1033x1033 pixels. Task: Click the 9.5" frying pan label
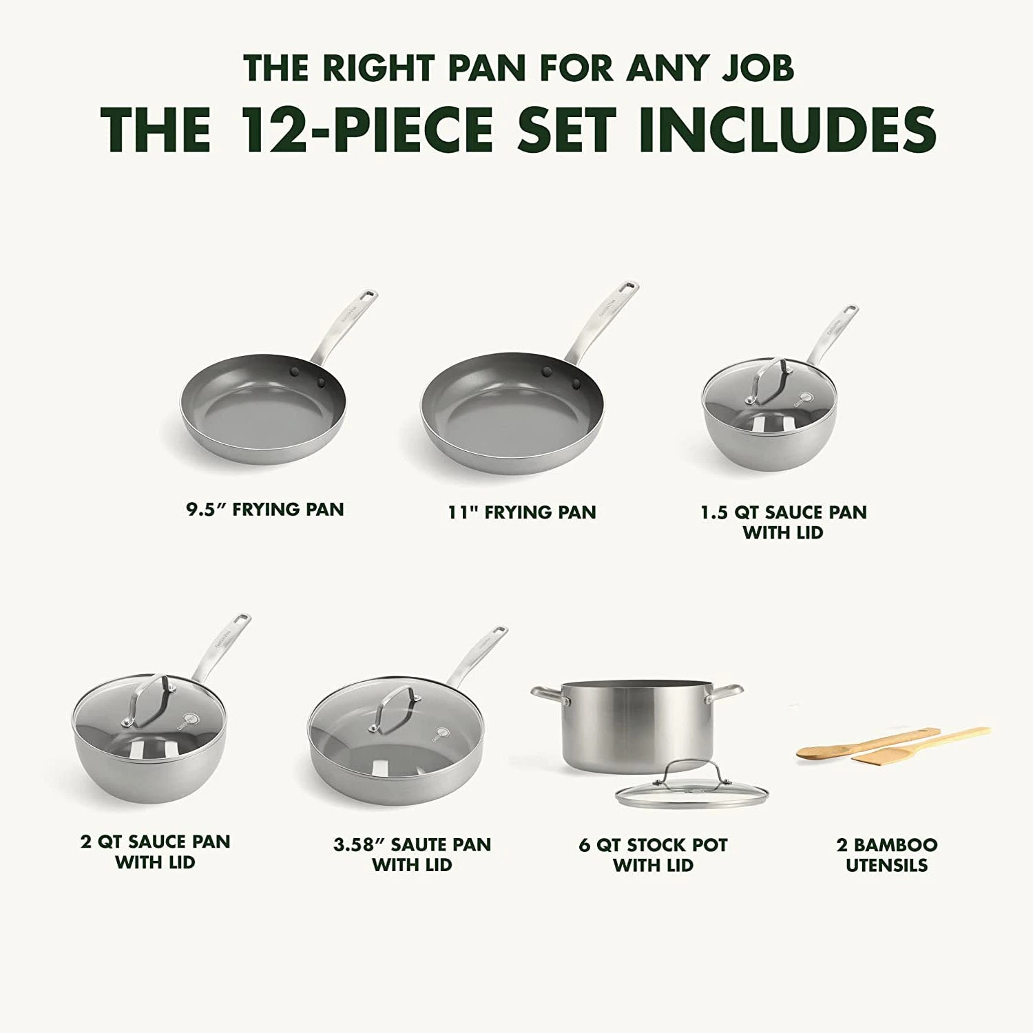(x=264, y=510)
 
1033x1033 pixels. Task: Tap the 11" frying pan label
(x=522, y=512)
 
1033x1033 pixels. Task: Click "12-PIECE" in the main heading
(x=366, y=128)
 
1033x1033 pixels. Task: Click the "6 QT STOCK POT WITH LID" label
(x=653, y=855)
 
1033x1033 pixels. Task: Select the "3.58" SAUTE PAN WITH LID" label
(x=413, y=855)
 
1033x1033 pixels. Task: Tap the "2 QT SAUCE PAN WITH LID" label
(x=156, y=851)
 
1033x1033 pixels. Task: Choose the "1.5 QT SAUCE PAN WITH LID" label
(x=783, y=522)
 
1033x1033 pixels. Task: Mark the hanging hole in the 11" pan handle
(x=627, y=287)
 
